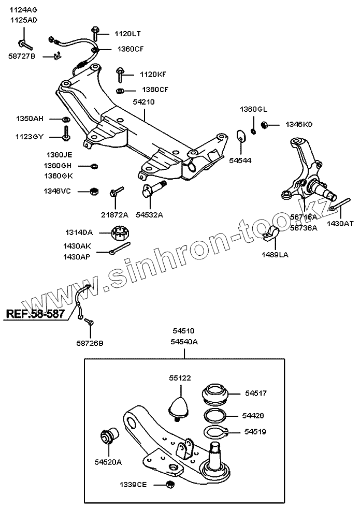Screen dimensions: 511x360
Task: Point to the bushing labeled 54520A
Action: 109,436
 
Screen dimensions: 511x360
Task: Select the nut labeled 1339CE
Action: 169,485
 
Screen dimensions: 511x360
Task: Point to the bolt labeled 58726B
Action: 89,323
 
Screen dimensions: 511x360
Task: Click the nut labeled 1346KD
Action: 264,124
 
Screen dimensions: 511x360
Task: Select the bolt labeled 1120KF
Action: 120,75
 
